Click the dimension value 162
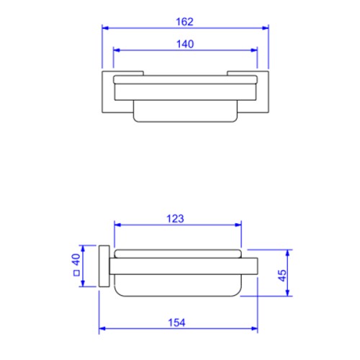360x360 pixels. coord(184,22)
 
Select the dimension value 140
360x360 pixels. coord(185,44)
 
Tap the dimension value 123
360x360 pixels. coord(175,219)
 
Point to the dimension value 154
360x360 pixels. coord(176,323)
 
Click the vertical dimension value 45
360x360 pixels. coord(282,276)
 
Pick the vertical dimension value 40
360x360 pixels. coord(76,259)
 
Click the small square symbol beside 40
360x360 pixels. coord(76,273)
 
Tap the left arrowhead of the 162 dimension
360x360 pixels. coord(105,28)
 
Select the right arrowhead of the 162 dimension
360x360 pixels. coord(265,28)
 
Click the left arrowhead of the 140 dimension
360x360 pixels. coord(117,50)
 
